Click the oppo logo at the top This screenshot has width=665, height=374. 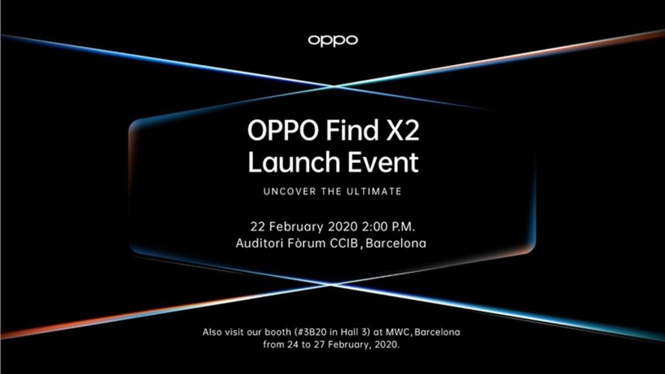tap(332, 40)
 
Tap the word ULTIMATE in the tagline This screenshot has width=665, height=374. tap(375, 192)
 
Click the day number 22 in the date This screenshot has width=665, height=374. tap(258, 226)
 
